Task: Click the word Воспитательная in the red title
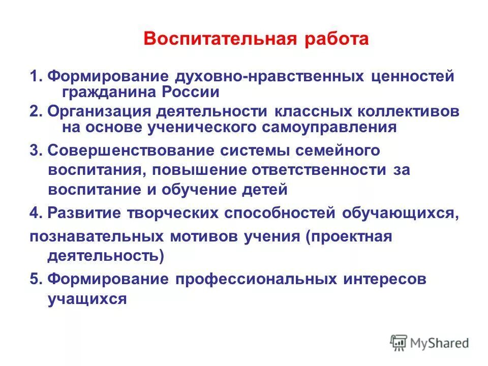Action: coord(213,40)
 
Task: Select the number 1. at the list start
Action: coord(36,77)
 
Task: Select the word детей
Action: coord(266,190)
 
